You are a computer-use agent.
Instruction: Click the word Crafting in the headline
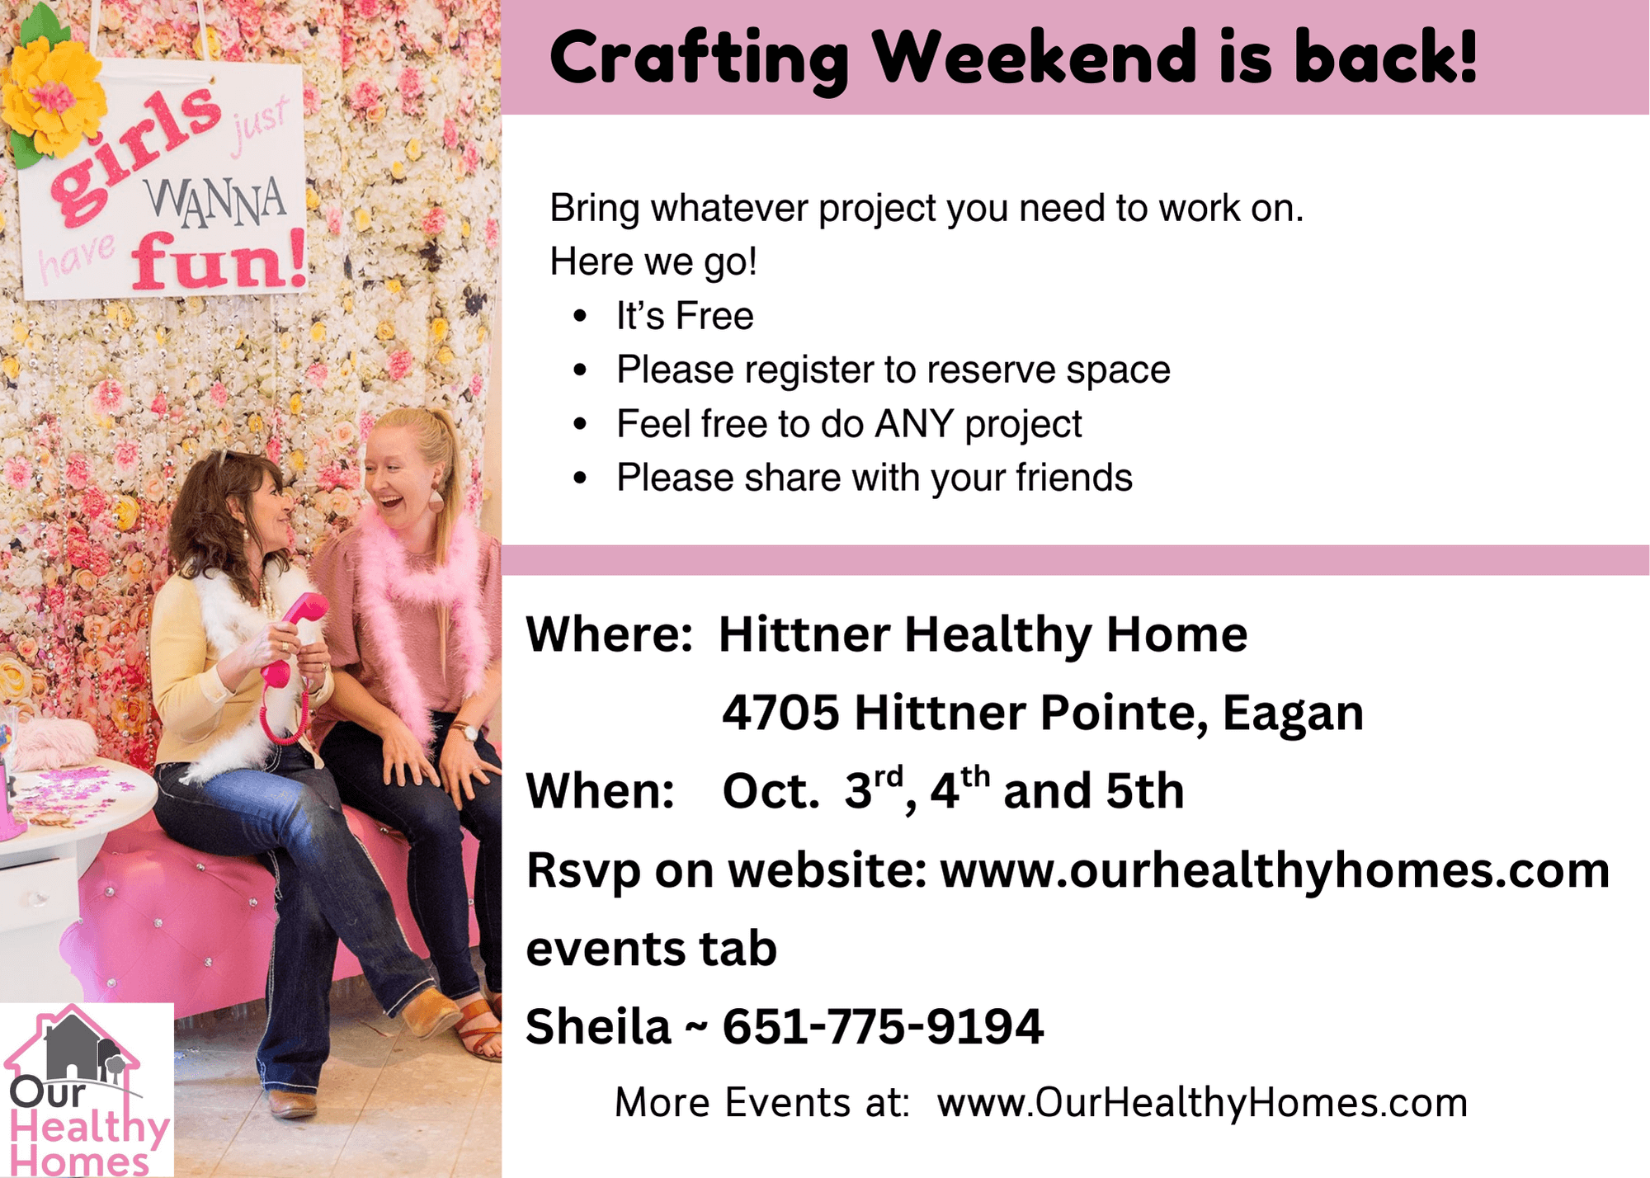pyautogui.click(x=699, y=59)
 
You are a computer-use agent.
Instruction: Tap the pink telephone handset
pyautogui.click(x=293, y=635)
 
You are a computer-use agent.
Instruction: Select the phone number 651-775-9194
pyautogui.click(x=883, y=1026)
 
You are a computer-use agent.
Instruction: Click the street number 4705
pyautogui.click(x=780, y=712)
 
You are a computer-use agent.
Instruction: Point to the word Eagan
pyautogui.click(x=1293, y=714)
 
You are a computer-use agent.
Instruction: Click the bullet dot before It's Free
pyautogui.click(x=581, y=316)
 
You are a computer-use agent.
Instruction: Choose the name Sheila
pyautogui.click(x=598, y=1026)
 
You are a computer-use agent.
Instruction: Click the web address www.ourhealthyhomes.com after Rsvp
pyautogui.click(x=1275, y=870)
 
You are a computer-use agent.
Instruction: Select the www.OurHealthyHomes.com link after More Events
pyautogui.click(x=1202, y=1102)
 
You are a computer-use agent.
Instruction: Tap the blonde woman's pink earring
pyautogui.click(x=436, y=501)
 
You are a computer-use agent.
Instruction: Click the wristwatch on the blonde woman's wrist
pyautogui.click(x=464, y=731)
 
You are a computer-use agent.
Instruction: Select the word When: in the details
pyautogui.click(x=601, y=790)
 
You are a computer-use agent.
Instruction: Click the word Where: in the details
pyautogui.click(x=610, y=634)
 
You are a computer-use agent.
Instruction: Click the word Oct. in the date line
pyautogui.click(x=771, y=790)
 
